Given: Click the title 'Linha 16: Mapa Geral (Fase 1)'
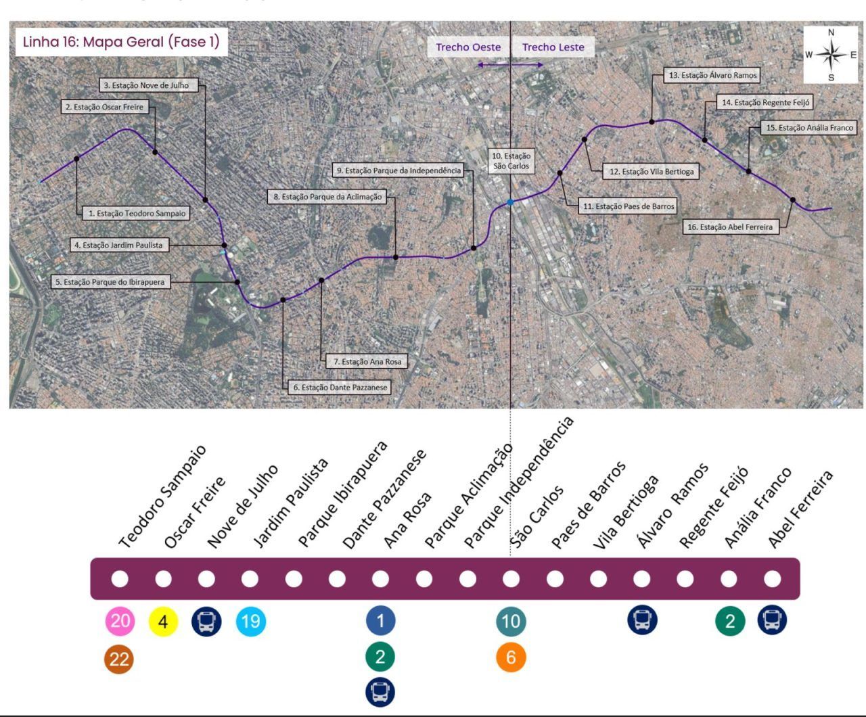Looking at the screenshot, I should pos(121,42).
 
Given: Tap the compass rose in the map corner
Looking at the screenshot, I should pos(831,55).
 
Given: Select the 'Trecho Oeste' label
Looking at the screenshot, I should pos(468,47).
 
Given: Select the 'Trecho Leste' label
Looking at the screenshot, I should pos(553,47).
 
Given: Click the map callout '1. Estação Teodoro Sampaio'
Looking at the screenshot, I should pos(136,213).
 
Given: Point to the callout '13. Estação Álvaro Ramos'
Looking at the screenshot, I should pos(712,75).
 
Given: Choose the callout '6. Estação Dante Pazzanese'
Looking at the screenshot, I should pos(340,388).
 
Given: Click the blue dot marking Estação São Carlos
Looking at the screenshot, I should pos(510,202).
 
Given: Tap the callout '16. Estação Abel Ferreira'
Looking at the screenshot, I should pos(729,227).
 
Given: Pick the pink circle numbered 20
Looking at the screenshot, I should pos(120,621).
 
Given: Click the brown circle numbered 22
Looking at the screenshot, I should pos(120,659).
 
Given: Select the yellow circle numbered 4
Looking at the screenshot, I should pos(163,621).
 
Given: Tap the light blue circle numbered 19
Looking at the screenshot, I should pos(250,621).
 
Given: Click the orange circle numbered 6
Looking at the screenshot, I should pos(511,657).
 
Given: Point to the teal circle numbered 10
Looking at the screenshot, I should pos(511,621).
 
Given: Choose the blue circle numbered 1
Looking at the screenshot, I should pos(380,621).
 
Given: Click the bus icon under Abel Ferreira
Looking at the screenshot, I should pos(772,620).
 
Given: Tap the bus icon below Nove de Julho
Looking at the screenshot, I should pos(206,621).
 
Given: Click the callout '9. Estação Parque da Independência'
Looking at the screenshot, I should pos(398,170).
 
